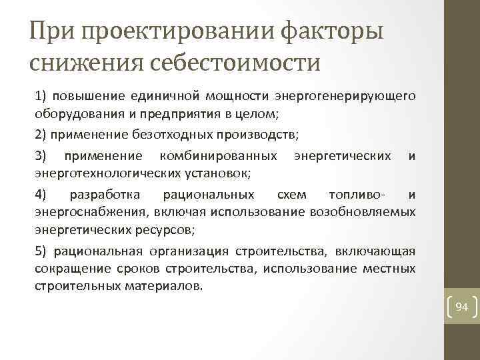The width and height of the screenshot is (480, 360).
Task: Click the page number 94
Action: [x=462, y=307]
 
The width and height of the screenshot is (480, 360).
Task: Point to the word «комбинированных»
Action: [x=219, y=156]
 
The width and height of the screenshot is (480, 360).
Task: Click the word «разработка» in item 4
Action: [x=105, y=195]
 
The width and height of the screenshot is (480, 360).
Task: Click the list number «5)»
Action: [x=40, y=251]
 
